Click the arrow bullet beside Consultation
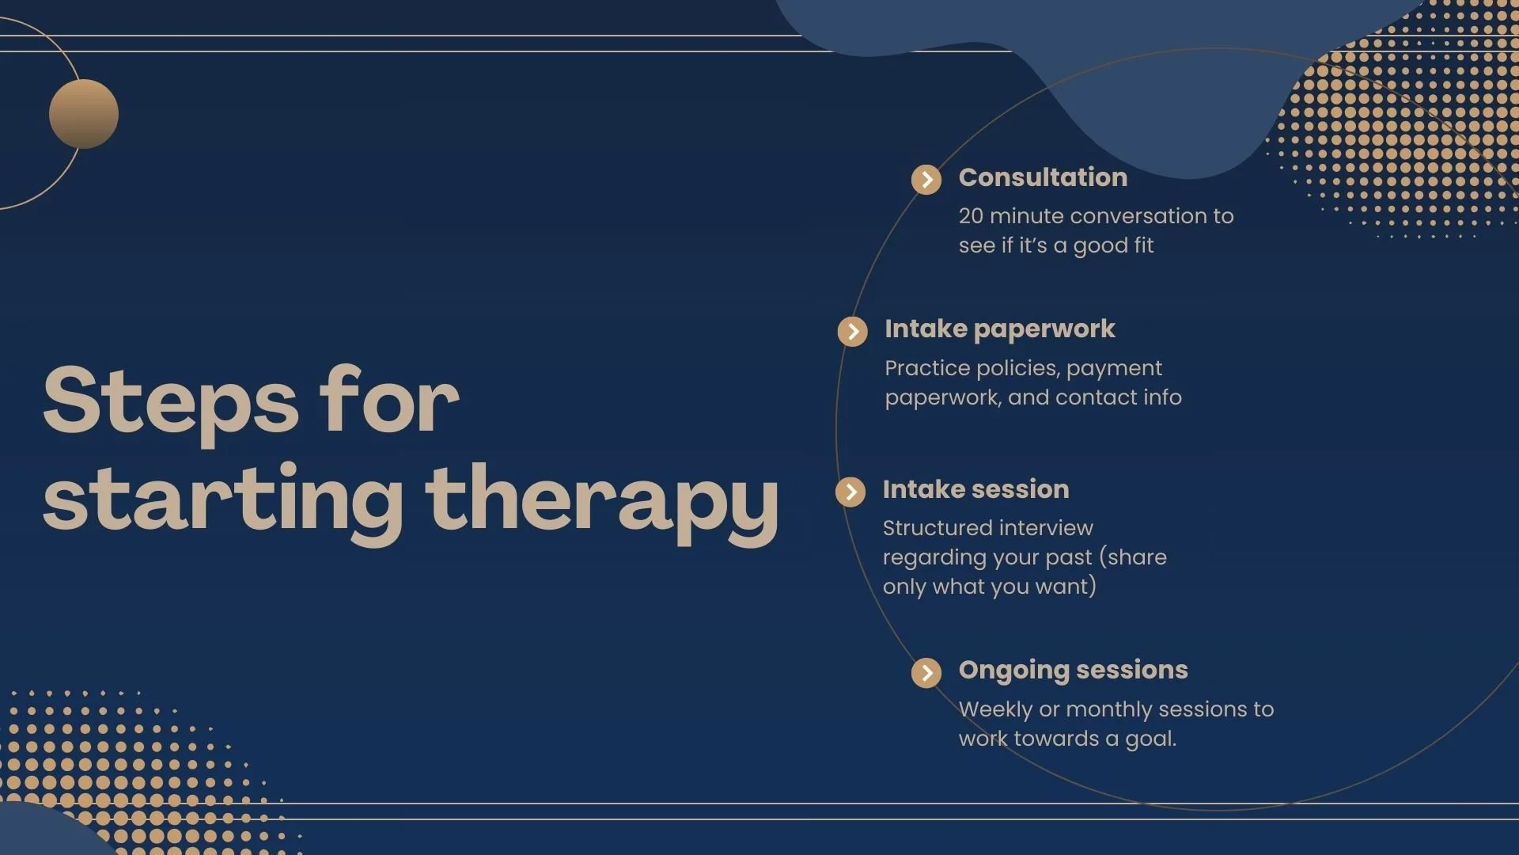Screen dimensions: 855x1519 pyautogui.click(x=926, y=180)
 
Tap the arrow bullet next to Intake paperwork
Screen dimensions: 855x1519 pyautogui.click(x=852, y=331)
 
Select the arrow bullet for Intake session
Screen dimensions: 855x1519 pyautogui.click(x=850, y=492)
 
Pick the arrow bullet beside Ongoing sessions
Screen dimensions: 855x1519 pyautogui.click(x=926, y=673)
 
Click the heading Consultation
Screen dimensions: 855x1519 pyautogui.click(x=1043, y=177)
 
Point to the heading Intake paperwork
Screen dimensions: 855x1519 pyautogui.click(x=999, y=329)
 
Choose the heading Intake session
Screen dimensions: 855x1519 pyautogui.click(x=975, y=489)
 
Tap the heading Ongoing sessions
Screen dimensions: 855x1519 pyautogui.click(x=1073, y=670)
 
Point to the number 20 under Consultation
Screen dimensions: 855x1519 pyautogui.click(x=971, y=216)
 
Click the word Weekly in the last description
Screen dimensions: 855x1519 pyautogui.click(x=995, y=709)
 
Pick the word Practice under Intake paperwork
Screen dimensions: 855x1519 pyautogui.click(x=926, y=368)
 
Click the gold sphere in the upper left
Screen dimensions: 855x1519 pyautogui.click(x=84, y=114)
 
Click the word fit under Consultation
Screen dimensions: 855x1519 pyautogui.click(x=1143, y=245)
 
